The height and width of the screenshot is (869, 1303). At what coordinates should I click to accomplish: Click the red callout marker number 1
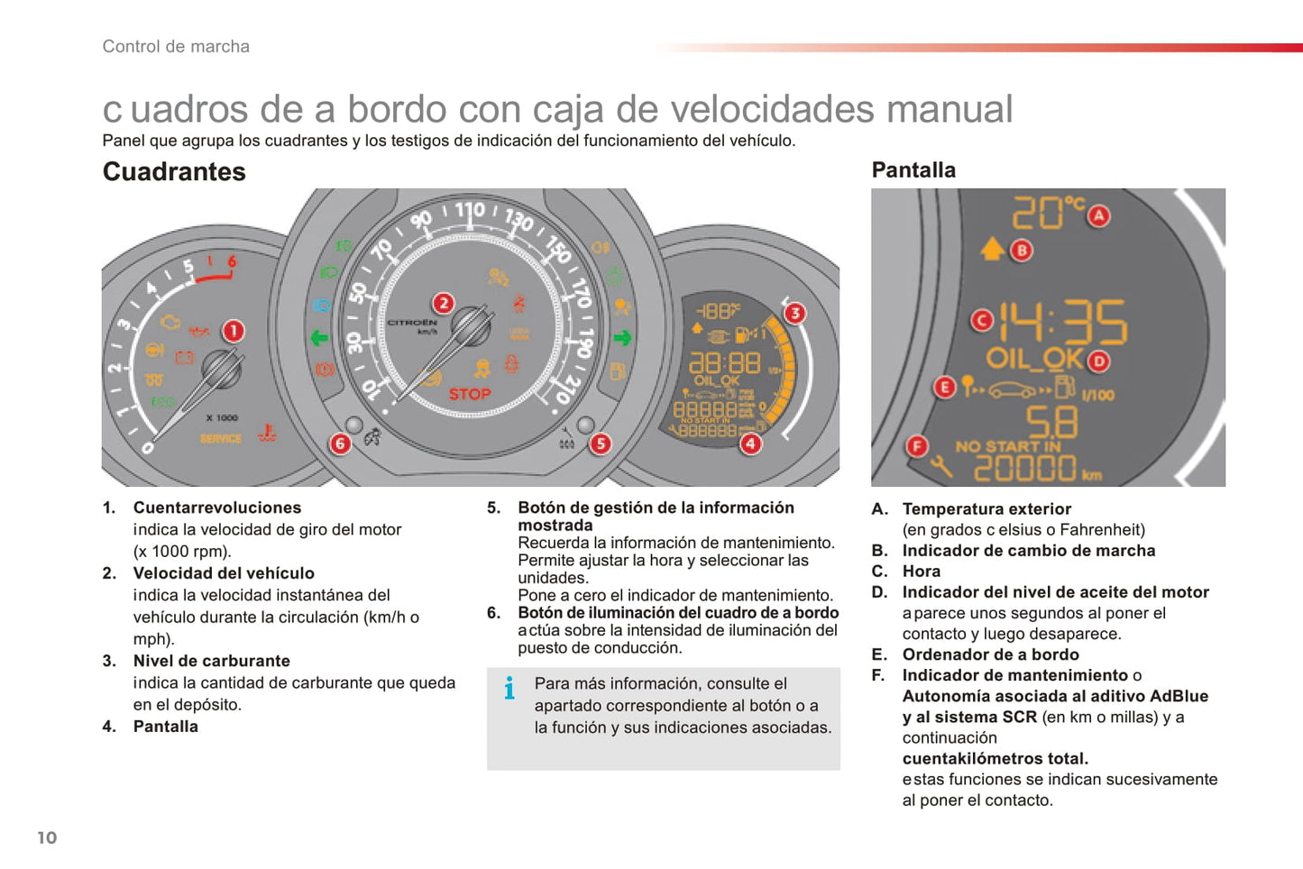coord(233,331)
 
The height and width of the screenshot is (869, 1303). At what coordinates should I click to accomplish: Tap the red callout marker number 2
coord(443,303)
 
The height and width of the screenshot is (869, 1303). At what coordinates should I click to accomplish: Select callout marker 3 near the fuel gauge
coord(794,313)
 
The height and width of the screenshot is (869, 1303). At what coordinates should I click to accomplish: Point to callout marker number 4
coord(750,444)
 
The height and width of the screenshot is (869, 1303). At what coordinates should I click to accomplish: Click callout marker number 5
coord(600,444)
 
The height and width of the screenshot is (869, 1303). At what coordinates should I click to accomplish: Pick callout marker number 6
coord(340,444)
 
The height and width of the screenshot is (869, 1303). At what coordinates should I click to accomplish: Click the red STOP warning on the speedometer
coord(470,394)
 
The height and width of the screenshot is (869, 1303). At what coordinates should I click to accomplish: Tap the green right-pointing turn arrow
coord(622,338)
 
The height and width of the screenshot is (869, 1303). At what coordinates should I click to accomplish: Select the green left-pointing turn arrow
coord(319,338)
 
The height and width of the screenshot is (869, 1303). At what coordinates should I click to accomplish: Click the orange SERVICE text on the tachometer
coord(221,439)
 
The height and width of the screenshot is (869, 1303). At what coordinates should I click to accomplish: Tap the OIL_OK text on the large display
coord(1033,359)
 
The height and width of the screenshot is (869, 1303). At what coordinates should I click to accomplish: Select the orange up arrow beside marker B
coord(992,248)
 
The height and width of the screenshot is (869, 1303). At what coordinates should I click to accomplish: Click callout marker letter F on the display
coord(917,445)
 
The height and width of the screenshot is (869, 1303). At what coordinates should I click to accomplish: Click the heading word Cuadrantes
coord(174,171)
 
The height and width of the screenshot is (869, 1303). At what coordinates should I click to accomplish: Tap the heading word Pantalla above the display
coord(913,169)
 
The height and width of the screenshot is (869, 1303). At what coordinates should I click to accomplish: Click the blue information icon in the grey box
coord(509,688)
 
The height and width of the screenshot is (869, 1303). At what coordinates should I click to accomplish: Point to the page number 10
coord(47,837)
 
